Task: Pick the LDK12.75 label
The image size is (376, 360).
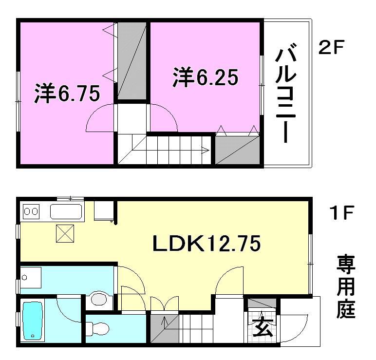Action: [x=207, y=244]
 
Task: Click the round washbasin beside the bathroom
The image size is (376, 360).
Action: [x=100, y=299]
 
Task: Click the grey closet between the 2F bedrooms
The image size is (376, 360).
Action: [x=132, y=60]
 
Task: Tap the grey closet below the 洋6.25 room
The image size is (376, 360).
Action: [x=237, y=150]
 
